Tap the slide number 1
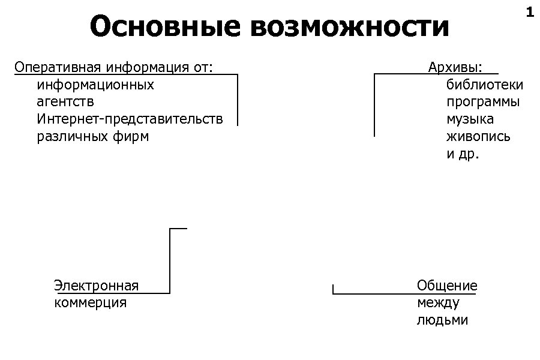coord(529,12)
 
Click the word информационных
coord(95,85)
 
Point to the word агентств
coord(65,102)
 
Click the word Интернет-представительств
coord(130,119)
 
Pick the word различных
coord(67,136)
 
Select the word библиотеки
coord(485,85)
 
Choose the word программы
coord(483,102)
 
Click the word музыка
coord(470,119)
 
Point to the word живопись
coord(478,136)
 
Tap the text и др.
coord(463,154)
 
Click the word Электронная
coord(96,286)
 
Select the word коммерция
coord(90,302)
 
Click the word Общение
coord(447,286)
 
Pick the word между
coord(438,302)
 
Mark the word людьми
coord(442,320)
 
